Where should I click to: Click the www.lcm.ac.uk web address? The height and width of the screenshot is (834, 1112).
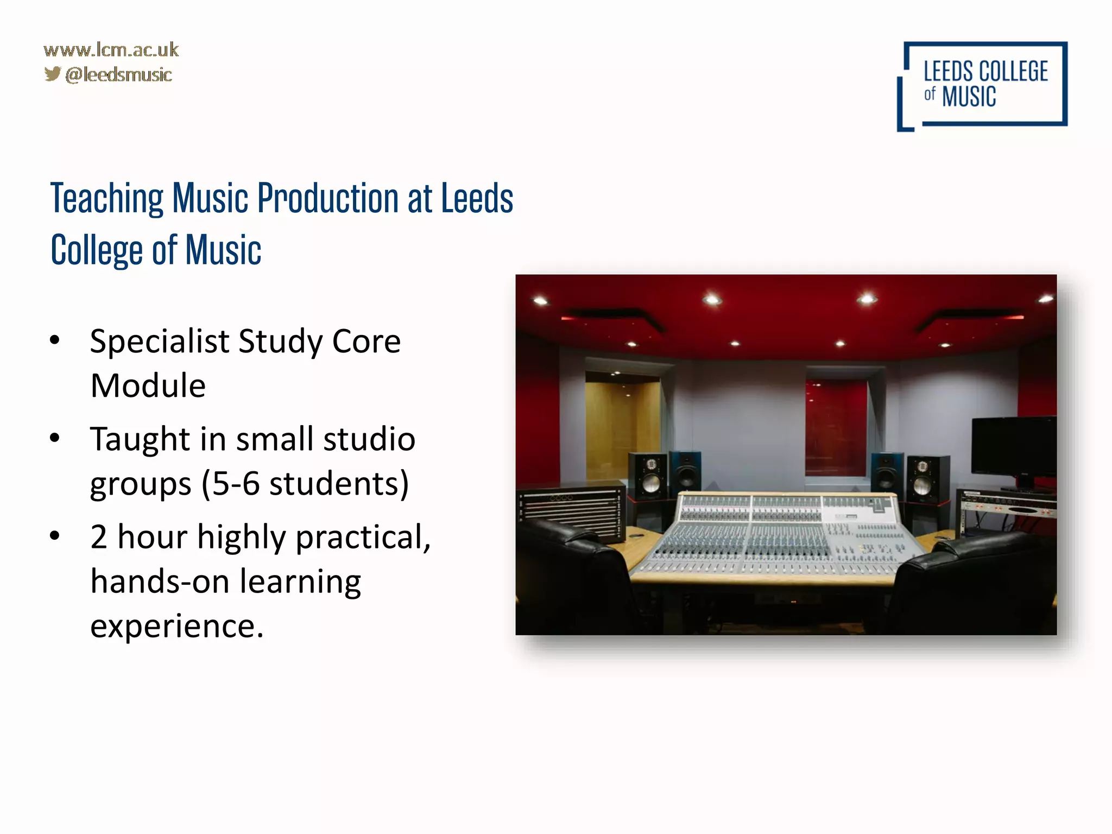point(111,50)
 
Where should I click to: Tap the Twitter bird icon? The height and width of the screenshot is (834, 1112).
point(52,74)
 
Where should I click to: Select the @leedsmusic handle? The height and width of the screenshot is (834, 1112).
point(118,75)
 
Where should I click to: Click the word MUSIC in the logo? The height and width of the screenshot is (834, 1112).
point(969,97)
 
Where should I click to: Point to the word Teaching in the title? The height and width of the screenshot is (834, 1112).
point(107,199)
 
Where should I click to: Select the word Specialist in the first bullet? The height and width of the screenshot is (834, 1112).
point(160,342)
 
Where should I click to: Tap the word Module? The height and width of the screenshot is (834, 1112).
point(148,386)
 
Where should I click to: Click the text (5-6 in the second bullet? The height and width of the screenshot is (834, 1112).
point(230,484)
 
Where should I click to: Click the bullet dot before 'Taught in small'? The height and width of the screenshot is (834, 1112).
point(55,438)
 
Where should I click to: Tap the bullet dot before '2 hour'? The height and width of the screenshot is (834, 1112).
point(55,536)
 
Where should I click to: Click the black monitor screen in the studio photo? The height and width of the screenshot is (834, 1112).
point(1013,445)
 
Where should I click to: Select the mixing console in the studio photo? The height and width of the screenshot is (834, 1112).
point(776,535)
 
